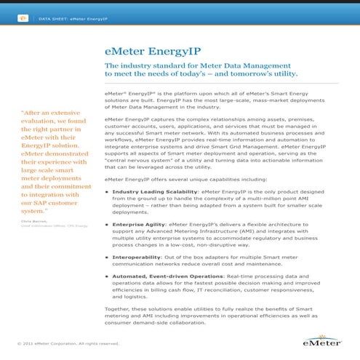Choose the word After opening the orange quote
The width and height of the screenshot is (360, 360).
(36, 113)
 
